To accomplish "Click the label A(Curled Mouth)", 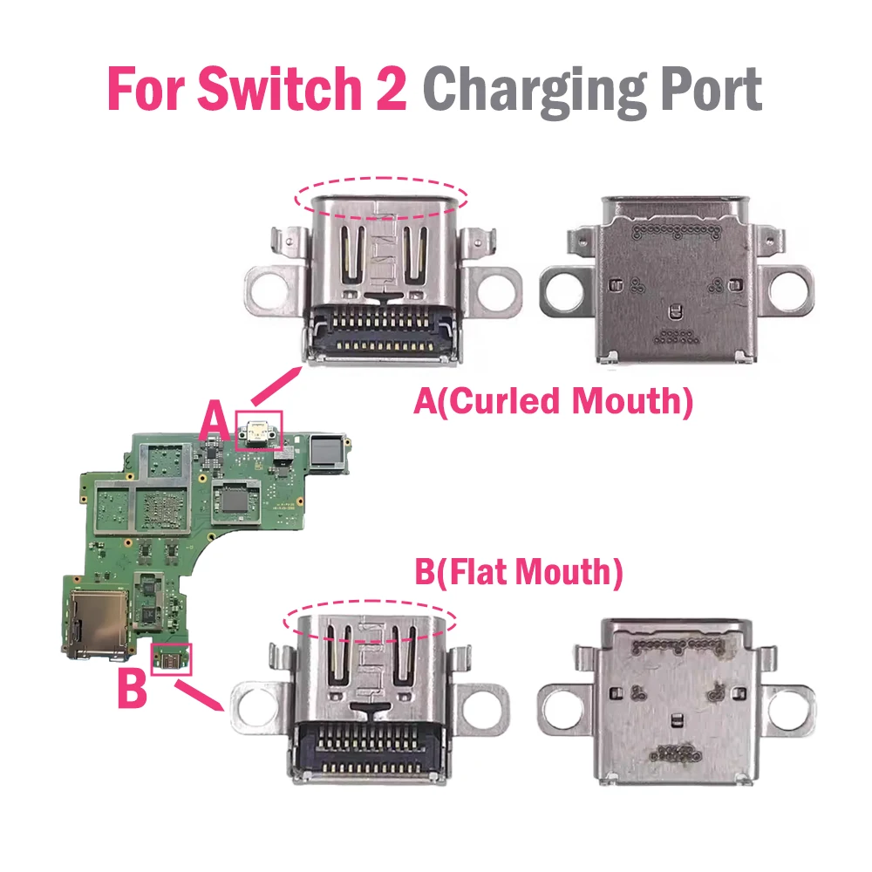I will coord(553,403).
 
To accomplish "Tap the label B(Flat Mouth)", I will coord(518,573).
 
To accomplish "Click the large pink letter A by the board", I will coord(215,422).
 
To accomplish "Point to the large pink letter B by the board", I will coord(132,689).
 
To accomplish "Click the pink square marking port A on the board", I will coord(260,431).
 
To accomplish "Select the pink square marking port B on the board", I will coord(171,659).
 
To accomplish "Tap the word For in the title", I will coord(147,89).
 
